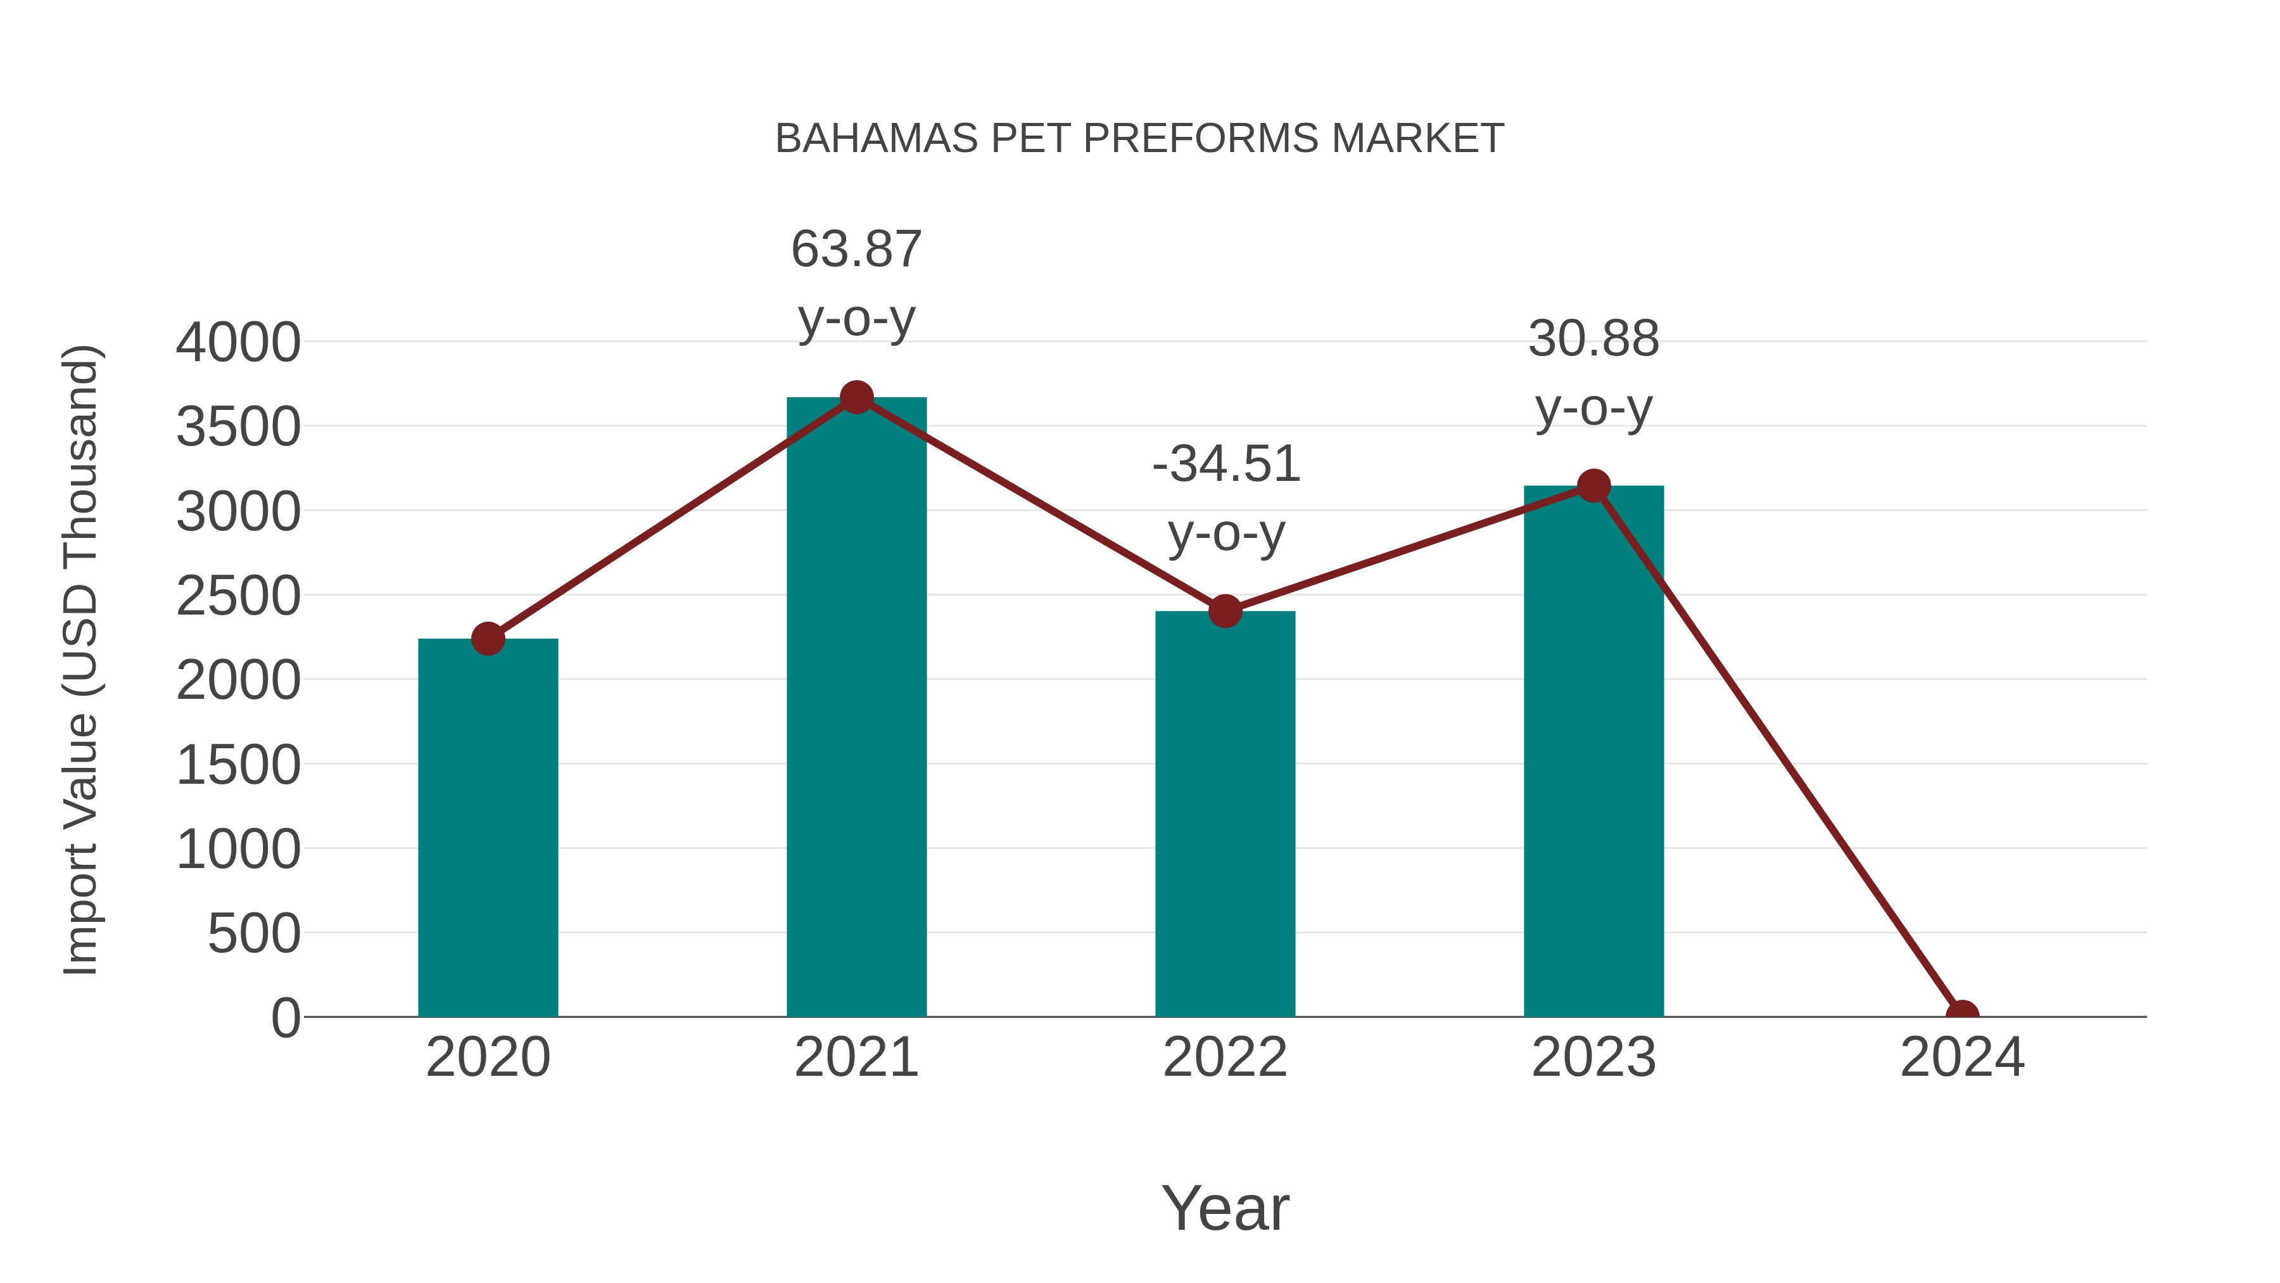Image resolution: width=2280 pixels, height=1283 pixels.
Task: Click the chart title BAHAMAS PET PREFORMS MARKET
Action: (x=1139, y=139)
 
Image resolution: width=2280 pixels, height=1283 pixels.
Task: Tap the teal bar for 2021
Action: (x=856, y=708)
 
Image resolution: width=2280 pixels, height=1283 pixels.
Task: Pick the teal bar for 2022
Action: (x=1225, y=815)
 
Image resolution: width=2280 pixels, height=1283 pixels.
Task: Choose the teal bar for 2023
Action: (x=1593, y=753)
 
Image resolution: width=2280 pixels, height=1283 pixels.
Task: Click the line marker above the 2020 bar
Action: (x=488, y=639)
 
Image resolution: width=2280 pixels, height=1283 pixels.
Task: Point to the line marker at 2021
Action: (x=856, y=397)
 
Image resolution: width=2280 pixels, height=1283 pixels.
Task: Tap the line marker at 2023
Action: (x=1593, y=485)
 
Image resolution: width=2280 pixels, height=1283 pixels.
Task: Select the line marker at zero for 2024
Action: (x=1962, y=1015)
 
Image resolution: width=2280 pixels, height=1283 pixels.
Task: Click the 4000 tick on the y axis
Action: (x=238, y=343)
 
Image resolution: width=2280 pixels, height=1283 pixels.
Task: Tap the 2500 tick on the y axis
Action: (x=238, y=596)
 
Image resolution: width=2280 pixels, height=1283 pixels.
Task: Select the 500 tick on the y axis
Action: (x=254, y=934)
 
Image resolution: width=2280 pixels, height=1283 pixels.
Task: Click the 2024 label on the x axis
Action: (x=1962, y=1057)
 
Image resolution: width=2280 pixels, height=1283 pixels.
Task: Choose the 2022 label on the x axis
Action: (x=1225, y=1057)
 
